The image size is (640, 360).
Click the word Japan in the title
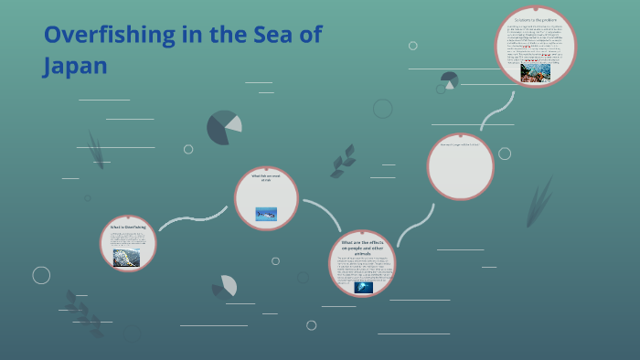pyautogui.click(x=75, y=66)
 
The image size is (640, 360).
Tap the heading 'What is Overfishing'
pyautogui.click(x=128, y=227)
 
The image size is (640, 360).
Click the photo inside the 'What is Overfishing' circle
pyautogui.click(x=126, y=257)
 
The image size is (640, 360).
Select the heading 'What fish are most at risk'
pyautogui.click(x=266, y=177)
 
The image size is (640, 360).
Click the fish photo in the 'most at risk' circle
pyautogui.click(x=266, y=214)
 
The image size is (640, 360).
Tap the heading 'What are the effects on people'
pyautogui.click(x=363, y=247)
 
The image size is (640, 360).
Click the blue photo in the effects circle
pyautogui.click(x=363, y=287)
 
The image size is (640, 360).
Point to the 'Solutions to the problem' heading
pyautogui.click(x=536, y=20)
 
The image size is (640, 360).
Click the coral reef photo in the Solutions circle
pyautogui.click(x=536, y=71)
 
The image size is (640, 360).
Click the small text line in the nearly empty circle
pyautogui.click(x=460, y=144)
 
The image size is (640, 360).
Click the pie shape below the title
pyautogui.click(x=224, y=128)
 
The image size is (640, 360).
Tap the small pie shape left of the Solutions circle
pyautogui.click(x=449, y=80)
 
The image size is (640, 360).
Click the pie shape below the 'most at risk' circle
pyautogui.click(x=225, y=287)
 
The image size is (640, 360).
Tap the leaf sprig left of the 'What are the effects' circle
pyautogui.click(x=344, y=161)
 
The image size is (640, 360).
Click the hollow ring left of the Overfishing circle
pyautogui.click(x=41, y=275)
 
